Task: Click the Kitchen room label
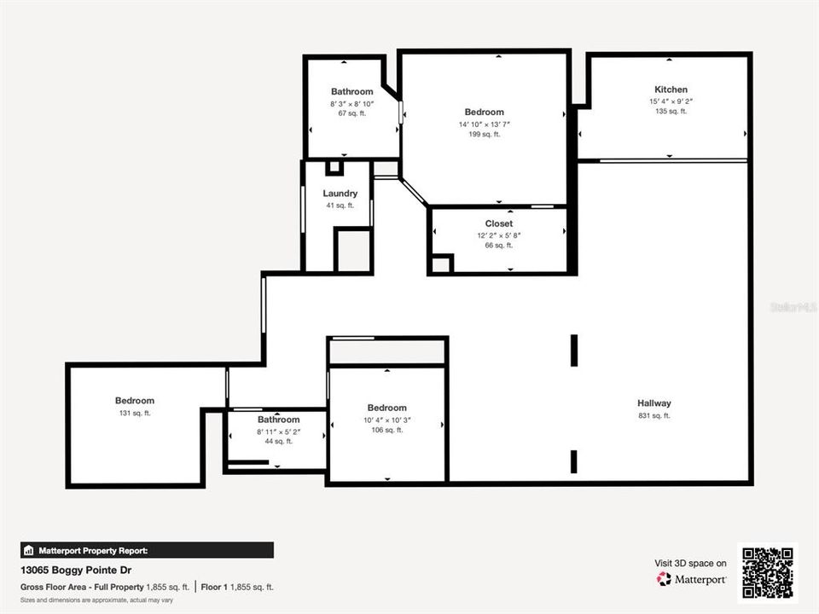click(x=671, y=90)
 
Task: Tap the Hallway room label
click(x=653, y=403)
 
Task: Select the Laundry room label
click(x=340, y=194)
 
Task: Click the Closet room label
click(x=499, y=223)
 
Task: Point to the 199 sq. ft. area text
click(x=484, y=135)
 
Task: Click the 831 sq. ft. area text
click(x=653, y=416)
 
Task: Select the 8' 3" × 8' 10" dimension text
click(x=352, y=103)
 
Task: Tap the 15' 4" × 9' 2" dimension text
click(x=671, y=101)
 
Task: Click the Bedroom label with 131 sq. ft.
click(x=135, y=401)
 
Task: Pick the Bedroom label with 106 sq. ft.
click(x=386, y=408)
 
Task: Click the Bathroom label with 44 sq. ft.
click(x=279, y=420)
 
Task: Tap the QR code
click(x=768, y=573)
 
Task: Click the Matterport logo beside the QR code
click(x=692, y=579)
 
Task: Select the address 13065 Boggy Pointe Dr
click(x=76, y=570)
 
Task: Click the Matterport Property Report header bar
click(x=147, y=550)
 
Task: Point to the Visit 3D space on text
click(x=690, y=563)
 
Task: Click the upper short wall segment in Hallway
click(x=574, y=350)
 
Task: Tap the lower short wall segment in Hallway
click(x=574, y=461)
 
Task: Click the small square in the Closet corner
click(x=441, y=264)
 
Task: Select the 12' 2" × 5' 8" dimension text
click(x=499, y=235)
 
